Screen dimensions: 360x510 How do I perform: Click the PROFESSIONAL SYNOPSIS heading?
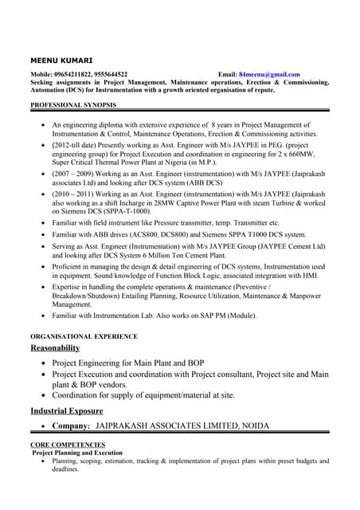click(73, 105)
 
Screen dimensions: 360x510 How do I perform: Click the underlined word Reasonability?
click(55, 348)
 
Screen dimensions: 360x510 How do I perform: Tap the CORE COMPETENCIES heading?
click(68, 444)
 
